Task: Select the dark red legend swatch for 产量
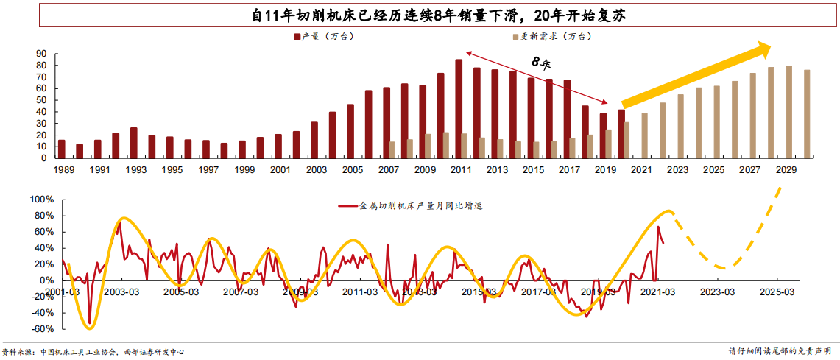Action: [297, 36]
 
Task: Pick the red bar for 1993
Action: [133, 143]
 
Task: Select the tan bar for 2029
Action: [788, 112]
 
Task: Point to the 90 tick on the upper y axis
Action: [40, 54]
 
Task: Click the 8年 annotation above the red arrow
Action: [541, 63]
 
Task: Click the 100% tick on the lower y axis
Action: [40, 200]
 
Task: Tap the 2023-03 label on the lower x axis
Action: [718, 292]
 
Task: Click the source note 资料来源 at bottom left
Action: [92, 352]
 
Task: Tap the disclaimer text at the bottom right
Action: [780, 351]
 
